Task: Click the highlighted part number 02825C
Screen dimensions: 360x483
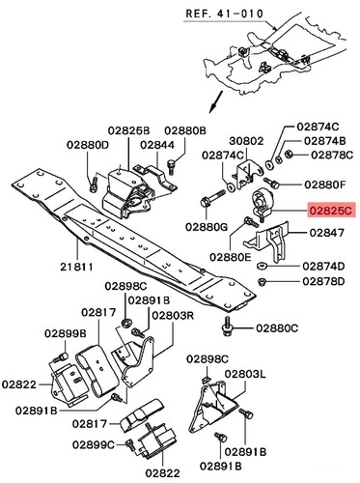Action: tap(331, 210)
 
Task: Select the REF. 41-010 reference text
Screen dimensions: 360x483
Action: tap(225, 14)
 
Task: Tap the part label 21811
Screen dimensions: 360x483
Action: tap(76, 267)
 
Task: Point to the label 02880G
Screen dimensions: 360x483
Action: tap(207, 227)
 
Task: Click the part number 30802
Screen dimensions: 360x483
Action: tap(246, 141)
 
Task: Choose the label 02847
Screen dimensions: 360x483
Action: tap(326, 232)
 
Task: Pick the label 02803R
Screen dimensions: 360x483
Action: tap(173, 315)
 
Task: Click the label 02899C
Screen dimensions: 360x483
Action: tap(94, 444)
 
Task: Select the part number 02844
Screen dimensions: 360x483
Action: tap(157, 145)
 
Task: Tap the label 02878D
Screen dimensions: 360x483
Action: tap(323, 281)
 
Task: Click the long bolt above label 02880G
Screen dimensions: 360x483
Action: tap(213, 198)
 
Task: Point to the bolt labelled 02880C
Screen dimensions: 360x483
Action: tap(227, 327)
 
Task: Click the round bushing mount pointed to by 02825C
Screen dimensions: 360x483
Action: tap(262, 203)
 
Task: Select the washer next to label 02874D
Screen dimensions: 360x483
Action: tap(262, 267)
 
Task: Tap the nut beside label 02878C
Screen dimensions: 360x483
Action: tap(289, 154)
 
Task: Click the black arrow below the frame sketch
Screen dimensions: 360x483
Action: tap(215, 101)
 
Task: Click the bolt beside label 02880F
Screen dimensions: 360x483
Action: tap(271, 183)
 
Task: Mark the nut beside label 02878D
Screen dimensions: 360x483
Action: tap(262, 282)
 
